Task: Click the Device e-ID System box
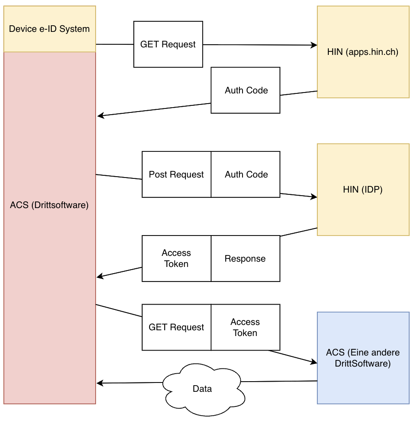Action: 50,29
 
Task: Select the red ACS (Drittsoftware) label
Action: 50,205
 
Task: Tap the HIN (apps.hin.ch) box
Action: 363,52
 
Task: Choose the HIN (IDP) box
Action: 363,189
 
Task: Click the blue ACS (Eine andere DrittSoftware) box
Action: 363,358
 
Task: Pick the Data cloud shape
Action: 202,388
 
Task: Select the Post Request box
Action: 176,174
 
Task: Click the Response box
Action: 245,259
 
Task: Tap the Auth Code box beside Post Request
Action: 246,174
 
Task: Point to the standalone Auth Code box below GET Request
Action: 246,90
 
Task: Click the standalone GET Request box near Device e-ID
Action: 168,44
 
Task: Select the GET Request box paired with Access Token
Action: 176,327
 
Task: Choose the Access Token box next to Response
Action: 176,259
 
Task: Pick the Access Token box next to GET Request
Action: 245,327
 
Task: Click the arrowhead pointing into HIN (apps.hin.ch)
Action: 314,45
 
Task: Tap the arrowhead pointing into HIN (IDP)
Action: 314,197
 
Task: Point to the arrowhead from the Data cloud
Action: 100,383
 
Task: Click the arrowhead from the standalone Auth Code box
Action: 100,116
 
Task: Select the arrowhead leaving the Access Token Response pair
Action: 100,277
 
